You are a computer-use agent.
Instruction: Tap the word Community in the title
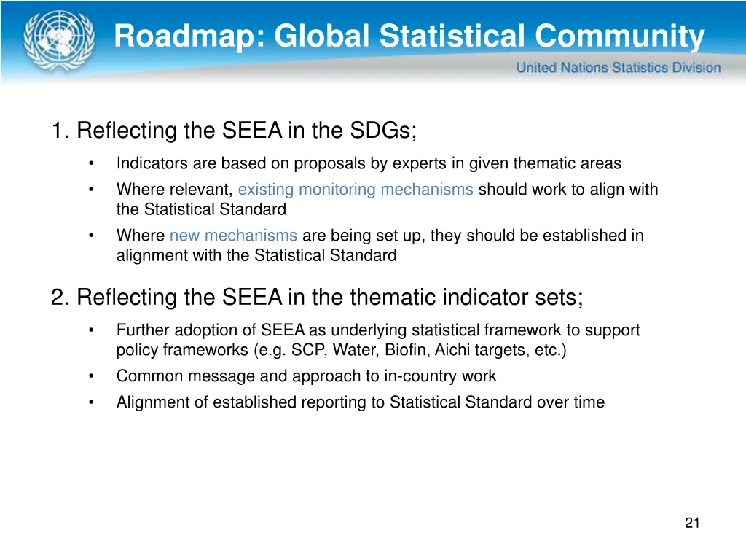pos(620,36)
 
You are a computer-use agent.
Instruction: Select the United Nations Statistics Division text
pos(619,68)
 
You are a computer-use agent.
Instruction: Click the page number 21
pos(692,523)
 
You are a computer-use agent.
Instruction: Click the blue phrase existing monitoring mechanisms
pos(356,190)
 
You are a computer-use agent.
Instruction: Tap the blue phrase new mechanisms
pos(233,236)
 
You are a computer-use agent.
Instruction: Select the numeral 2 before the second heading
pos(58,297)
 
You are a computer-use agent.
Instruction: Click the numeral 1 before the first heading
pos(58,131)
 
